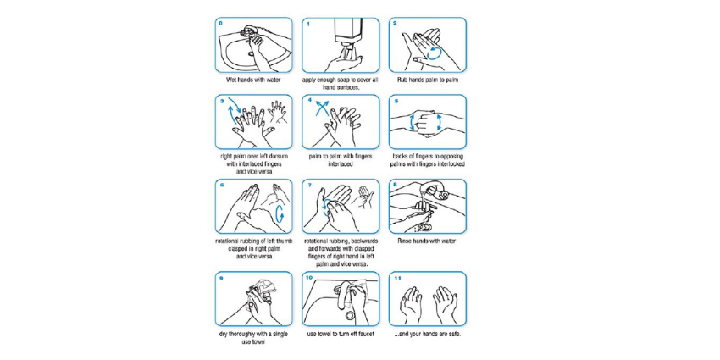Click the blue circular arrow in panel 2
pos(434,54)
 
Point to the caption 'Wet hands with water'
pos(253,80)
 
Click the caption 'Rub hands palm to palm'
pos(428,80)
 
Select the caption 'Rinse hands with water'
pos(427,241)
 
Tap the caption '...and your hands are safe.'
pos(427,334)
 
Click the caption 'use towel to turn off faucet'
pos(341,334)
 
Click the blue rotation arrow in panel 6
pos(280,214)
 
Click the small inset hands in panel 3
pos(278,112)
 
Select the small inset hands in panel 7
pos(366,197)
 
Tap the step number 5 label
pos(396,100)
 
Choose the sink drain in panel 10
pos(350,315)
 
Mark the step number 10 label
pos(309,277)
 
